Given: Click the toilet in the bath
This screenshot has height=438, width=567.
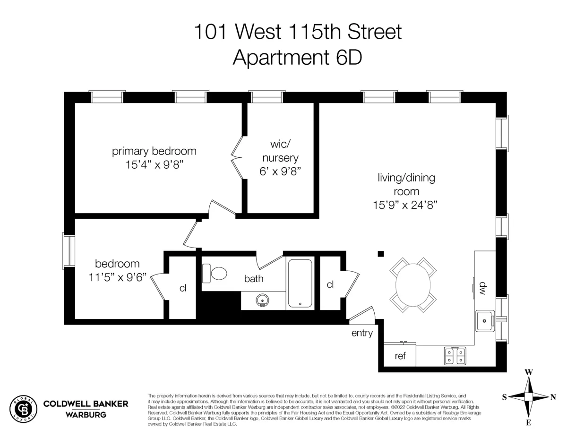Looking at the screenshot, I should coord(215,274).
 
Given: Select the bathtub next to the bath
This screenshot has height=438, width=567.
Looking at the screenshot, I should coord(300,283).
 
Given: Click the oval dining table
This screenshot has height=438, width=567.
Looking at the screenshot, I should coord(413,285).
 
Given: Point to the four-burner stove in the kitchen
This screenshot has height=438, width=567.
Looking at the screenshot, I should coord(455,355).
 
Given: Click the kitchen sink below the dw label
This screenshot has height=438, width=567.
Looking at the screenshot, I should coord(484,321).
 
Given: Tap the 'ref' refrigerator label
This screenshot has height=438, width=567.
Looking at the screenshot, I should coord(400,356).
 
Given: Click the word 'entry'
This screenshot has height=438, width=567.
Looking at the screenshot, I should coord(362,333).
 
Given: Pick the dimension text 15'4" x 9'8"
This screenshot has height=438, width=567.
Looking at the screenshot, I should coord(154,166).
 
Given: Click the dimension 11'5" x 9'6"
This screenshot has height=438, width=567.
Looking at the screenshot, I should coord(118,276).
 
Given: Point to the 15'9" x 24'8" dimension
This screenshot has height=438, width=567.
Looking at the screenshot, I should coord(406,205).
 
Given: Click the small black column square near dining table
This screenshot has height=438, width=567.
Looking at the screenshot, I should coord(381,254).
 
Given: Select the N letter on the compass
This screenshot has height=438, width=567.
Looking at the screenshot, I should coord(553,397).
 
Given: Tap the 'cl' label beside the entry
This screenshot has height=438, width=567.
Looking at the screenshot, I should coord(330,284).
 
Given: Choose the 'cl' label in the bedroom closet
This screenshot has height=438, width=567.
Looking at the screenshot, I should coord(183,288).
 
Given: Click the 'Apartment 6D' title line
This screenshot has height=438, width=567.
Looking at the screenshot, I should coord(297,58).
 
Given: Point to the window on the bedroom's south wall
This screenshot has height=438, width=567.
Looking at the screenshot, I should coord(69,250).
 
